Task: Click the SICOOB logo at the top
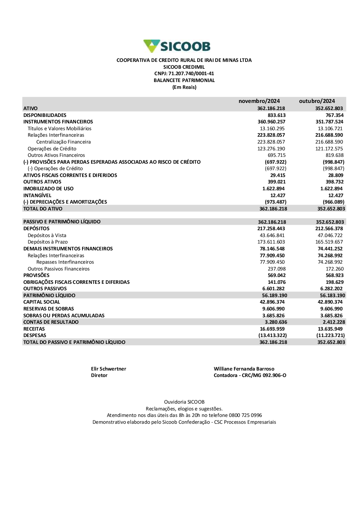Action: click(x=177, y=46)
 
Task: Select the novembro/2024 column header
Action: click(x=259, y=101)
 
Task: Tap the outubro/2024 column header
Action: click(x=317, y=101)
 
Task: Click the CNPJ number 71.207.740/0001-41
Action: click(x=191, y=74)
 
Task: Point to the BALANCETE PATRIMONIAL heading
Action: click(x=184, y=81)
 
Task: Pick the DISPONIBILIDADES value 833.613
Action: click(x=276, y=115)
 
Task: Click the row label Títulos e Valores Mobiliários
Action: click(x=59, y=128)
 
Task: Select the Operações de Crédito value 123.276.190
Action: click(x=271, y=149)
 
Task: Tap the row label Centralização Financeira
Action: click(x=63, y=142)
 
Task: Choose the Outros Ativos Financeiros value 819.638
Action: click(x=334, y=155)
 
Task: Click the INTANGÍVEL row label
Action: click(x=37, y=195)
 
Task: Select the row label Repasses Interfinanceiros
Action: click(x=65, y=262)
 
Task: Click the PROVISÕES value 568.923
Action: click(x=334, y=276)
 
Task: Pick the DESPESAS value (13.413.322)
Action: click(x=273, y=336)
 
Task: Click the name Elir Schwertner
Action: click(x=108, y=369)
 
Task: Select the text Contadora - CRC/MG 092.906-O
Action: click(x=250, y=376)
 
